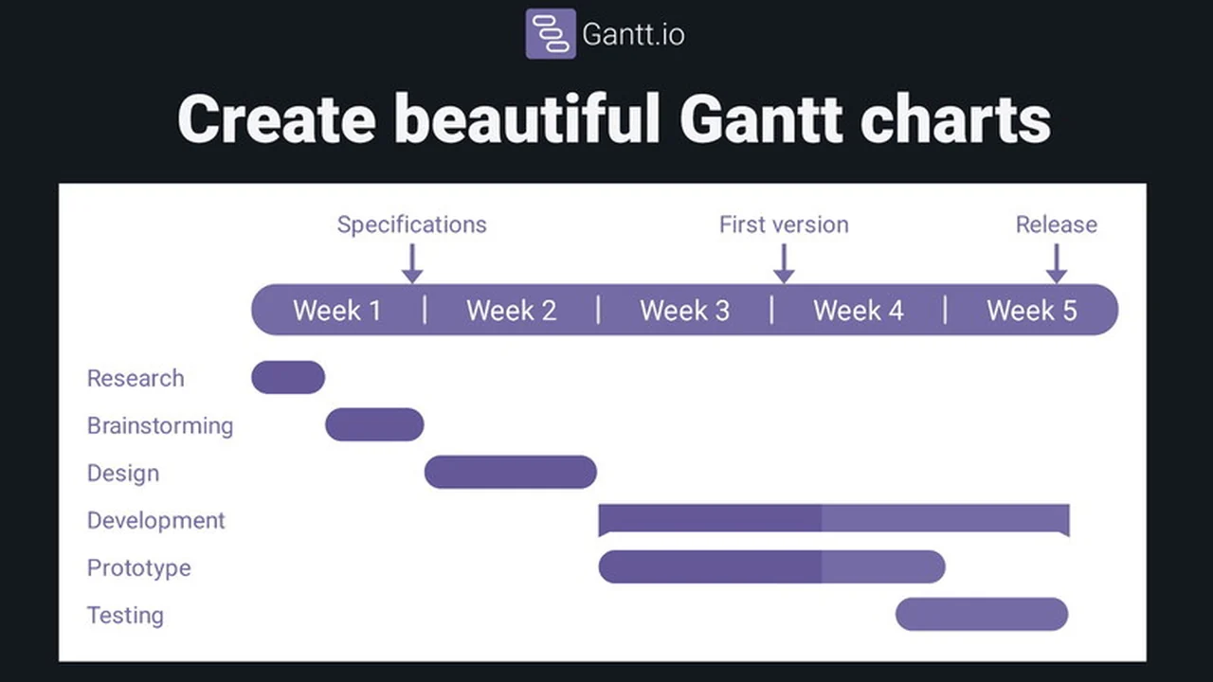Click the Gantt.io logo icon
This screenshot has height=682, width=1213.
pos(551,34)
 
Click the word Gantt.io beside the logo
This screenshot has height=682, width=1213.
pos(633,35)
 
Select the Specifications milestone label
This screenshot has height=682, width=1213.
pos(411,224)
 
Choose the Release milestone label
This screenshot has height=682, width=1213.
pos(1056,224)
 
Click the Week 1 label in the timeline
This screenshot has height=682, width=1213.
pos(336,311)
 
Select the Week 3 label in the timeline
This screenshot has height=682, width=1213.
pos(684,311)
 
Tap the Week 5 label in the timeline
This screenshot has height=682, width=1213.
pos(1031,311)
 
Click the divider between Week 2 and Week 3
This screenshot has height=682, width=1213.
pos(598,310)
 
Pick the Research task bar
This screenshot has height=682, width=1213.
pos(288,377)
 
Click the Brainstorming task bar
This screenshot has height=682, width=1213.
pos(374,424)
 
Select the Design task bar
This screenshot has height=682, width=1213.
pos(510,472)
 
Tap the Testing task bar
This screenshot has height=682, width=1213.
pos(982,614)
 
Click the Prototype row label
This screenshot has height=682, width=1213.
pos(138,567)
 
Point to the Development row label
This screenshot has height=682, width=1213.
pos(155,520)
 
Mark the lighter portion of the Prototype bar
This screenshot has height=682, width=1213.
pos(882,566)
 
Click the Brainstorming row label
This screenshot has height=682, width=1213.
pos(159,425)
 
